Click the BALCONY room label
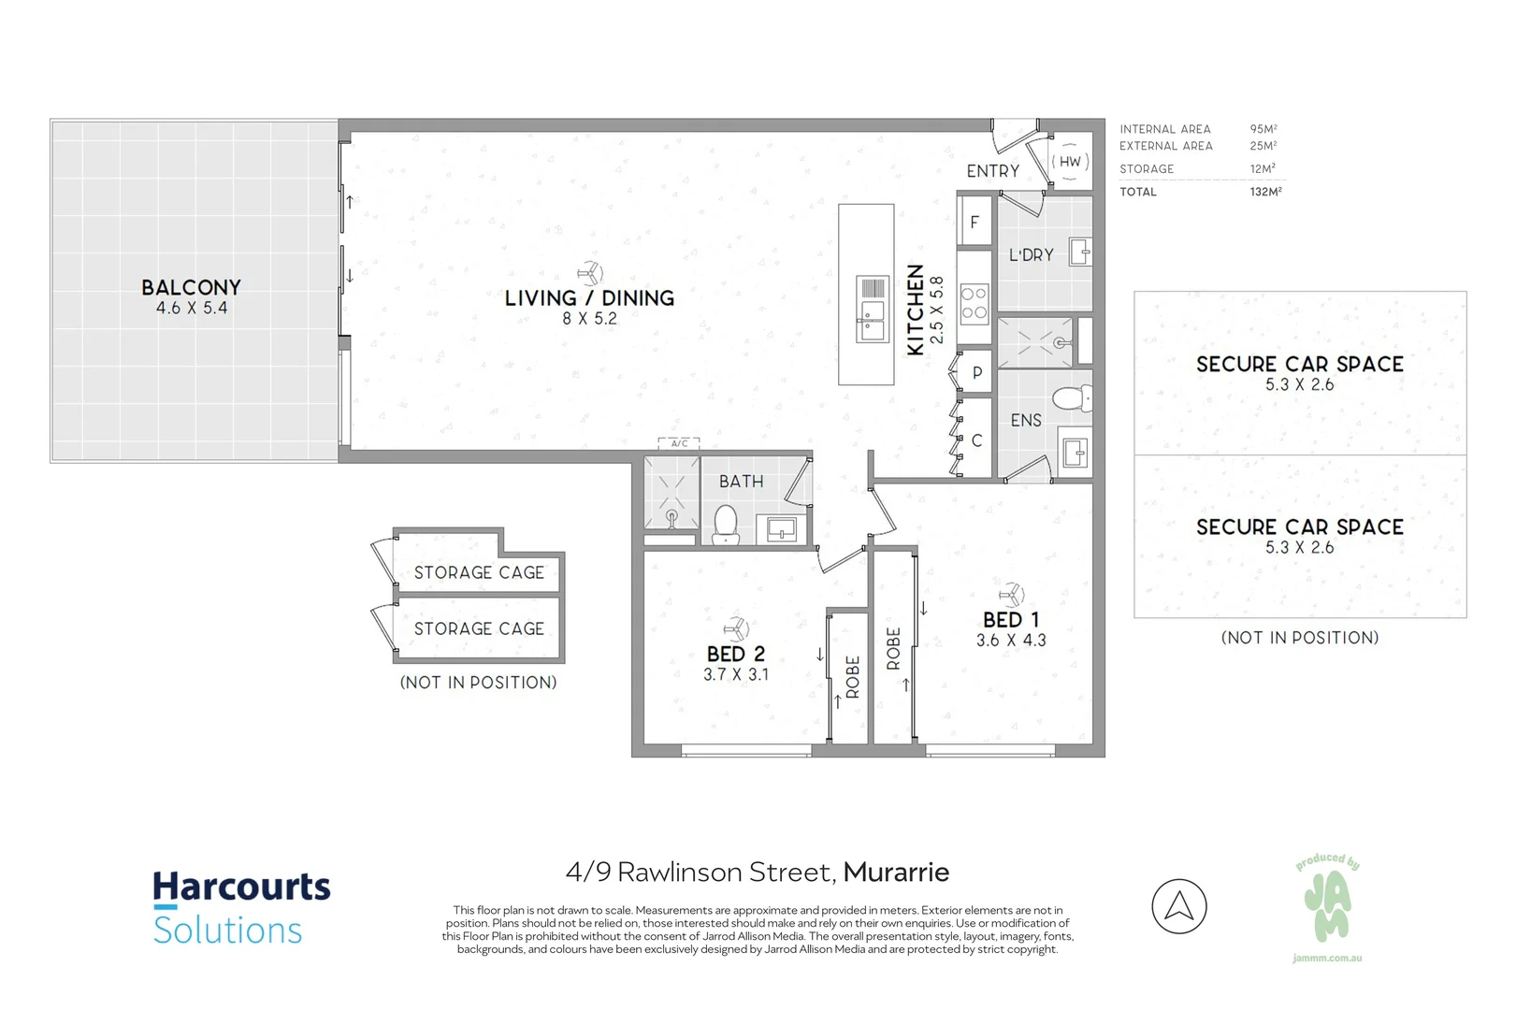coord(191,288)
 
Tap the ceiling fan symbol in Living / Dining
coord(590,273)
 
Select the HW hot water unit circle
coord(1070,162)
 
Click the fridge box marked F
coord(975,223)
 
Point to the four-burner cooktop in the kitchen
coord(974,303)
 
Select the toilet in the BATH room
coord(726,524)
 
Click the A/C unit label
coord(679,443)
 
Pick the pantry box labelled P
coord(976,372)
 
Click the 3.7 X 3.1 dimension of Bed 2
coord(736,674)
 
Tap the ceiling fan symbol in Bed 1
coord(1011,593)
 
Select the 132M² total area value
coord(1265,192)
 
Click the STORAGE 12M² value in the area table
coord(1263,169)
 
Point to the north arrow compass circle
coord(1179,906)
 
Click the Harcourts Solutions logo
coord(241,908)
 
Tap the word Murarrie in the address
coord(896,873)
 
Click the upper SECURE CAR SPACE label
coord(1299,365)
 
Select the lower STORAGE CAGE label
coord(479,629)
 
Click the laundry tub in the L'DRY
coord(1079,252)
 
